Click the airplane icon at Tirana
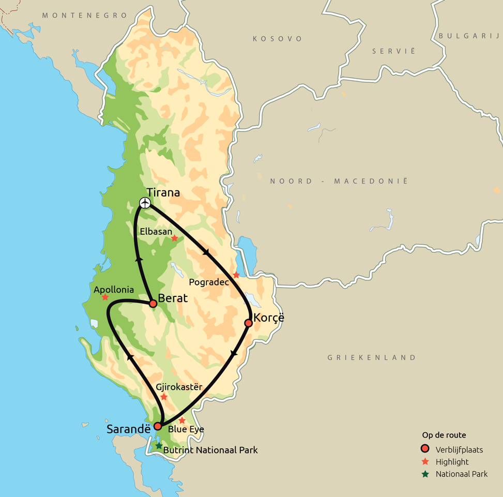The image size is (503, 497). pyautogui.click(x=145, y=203)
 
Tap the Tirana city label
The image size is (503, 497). pyautogui.click(x=163, y=192)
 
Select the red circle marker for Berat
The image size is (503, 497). pyautogui.click(x=153, y=304)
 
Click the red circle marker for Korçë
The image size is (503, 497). pyautogui.click(x=248, y=323)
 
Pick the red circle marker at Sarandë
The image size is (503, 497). pyautogui.click(x=158, y=426)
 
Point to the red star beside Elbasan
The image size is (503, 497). pyautogui.click(x=175, y=238)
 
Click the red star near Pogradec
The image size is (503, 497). pyautogui.click(x=236, y=275)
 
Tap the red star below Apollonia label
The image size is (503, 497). pyautogui.click(x=105, y=297)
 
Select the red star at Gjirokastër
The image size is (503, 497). pyautogui.click(x=164, y=397)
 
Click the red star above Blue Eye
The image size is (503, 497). pyautogui.click(x=182, y=420)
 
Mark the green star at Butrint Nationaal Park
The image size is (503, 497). pyautogui.click(x=159, y=446)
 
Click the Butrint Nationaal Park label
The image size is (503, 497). pyautogui.click(x=210, y=450)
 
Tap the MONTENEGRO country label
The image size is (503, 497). pyautogui.click(x=85, y=16)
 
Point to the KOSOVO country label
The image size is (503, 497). pyautogui.click(x=277, y=39)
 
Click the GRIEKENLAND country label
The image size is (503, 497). pyautogui.click(x=372, y=357)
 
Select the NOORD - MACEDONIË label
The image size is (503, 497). pyautogui.click(x=339, y=181)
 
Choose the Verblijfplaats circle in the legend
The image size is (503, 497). pyautogui.click(x=425, y=449)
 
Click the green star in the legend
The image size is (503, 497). pyautogui.click(x=425, y=474)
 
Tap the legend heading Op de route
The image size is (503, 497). pyautogui.click(x=444, y=435)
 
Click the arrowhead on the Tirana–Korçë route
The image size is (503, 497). pyautogui.click(x=207, y=252)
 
